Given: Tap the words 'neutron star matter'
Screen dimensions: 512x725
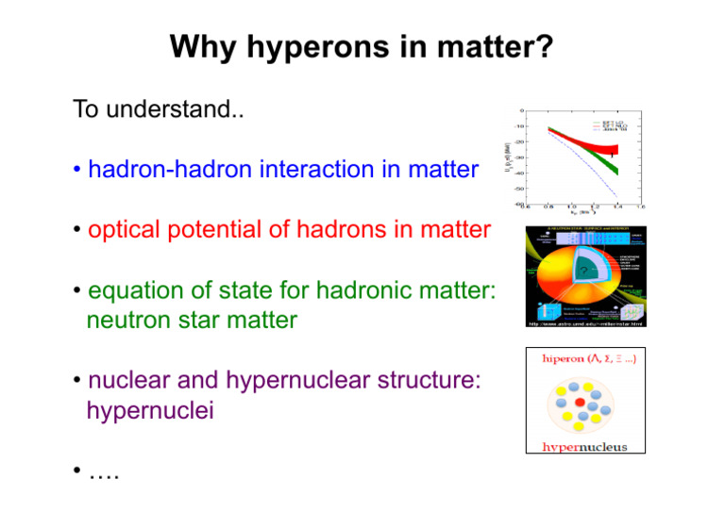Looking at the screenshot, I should (x=191, y=321).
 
